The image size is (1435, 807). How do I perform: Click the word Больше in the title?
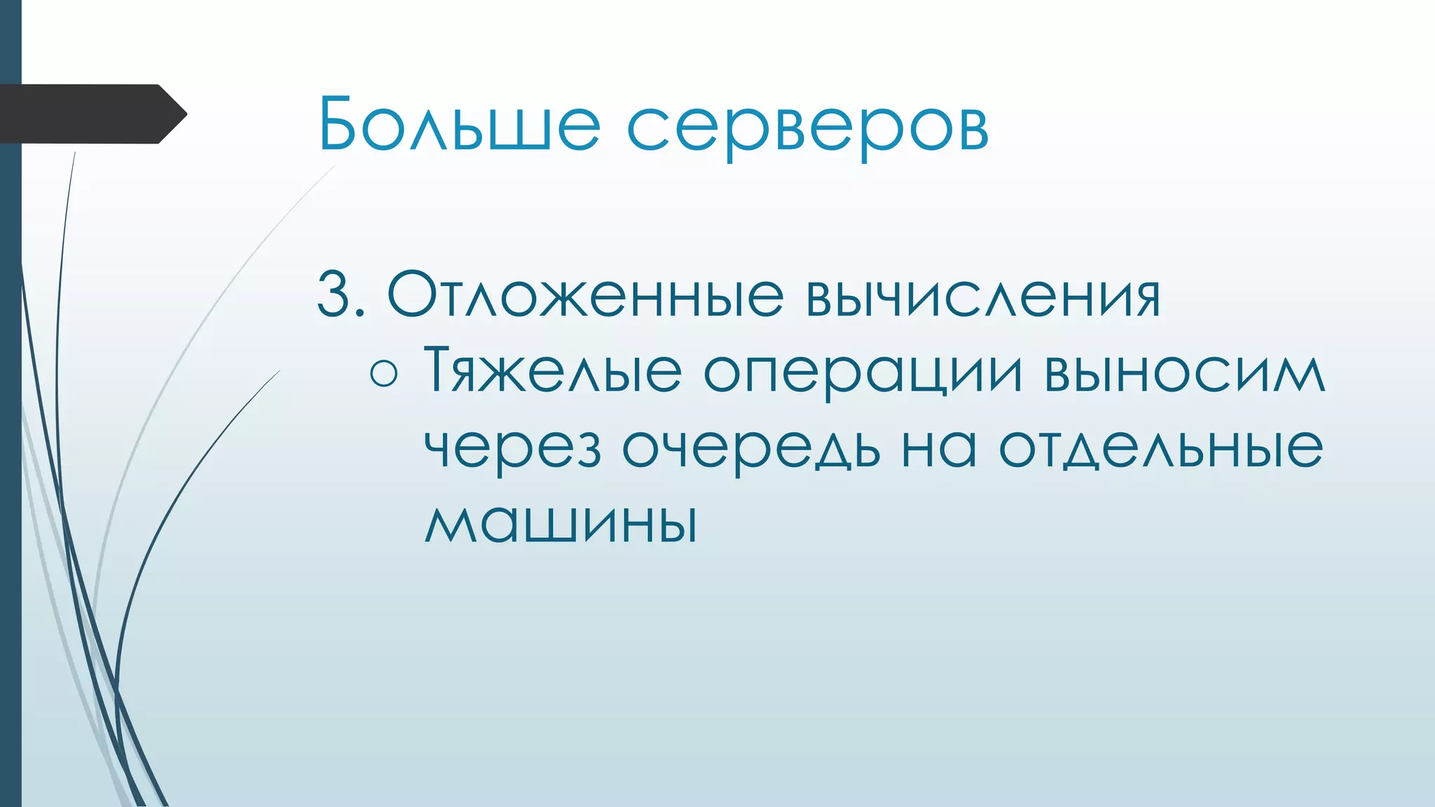459,125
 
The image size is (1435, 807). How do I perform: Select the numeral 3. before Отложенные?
341,295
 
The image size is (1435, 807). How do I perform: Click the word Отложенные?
584,295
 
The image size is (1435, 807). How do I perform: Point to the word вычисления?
982,295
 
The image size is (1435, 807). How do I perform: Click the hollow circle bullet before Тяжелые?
384,373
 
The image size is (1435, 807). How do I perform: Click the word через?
513,450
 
